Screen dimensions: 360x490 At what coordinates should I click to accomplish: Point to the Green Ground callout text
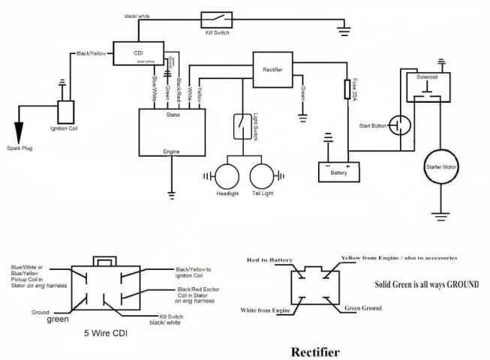click(363, 308)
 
